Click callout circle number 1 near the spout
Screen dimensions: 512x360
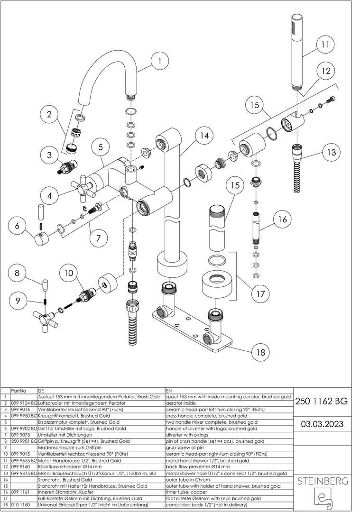160,61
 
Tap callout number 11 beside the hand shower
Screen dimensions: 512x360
324,45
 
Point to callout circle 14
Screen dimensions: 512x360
203,135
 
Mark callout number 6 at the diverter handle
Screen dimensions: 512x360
17,226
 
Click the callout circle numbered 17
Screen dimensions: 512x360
260,294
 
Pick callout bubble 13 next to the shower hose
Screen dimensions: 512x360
331,153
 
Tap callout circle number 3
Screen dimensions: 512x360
49,155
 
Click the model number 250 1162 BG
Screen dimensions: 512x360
321,401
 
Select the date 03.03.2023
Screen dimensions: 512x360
321,423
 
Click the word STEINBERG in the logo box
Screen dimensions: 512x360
322,481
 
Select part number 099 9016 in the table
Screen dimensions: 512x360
20,409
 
